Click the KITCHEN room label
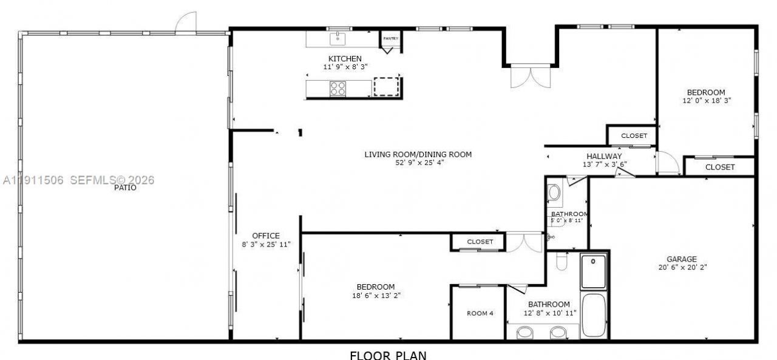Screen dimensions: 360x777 coord(345,58)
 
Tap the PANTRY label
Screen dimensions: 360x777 coord(391,39)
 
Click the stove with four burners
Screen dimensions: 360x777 coord(338,89)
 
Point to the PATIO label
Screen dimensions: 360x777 coord(124,188)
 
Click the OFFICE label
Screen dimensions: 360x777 coord(266,236)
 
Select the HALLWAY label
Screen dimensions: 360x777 coord(604,156)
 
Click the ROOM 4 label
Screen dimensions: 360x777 coord(480,313)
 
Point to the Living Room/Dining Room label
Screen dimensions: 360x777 coord(418,154)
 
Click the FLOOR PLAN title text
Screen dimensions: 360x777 coord(388,355)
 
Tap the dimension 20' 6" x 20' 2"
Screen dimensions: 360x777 coord(683,267)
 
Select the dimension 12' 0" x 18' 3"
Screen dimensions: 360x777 coord(706,101)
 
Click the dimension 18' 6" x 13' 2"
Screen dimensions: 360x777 coord(376,295)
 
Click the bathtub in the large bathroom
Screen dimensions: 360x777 coord(594,316)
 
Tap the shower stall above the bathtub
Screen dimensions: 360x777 coord(594,271)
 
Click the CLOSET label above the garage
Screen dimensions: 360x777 coord(720,167)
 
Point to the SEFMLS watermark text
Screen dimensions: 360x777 coord(113,180)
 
